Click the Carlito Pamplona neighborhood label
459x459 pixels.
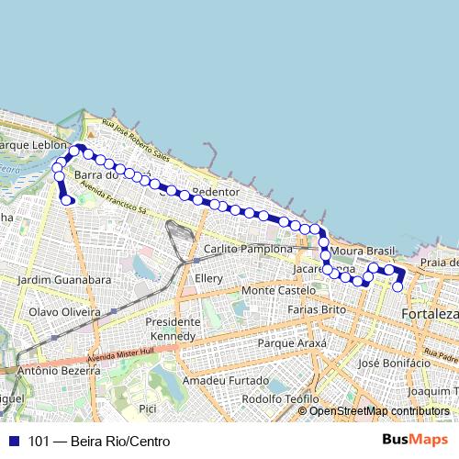(x=248, y=249)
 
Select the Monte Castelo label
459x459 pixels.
(x=278, y=290)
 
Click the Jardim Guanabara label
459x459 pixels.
(x=64, y=279)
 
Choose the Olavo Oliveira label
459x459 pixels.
(x=63, y=311)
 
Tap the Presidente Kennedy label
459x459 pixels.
(x=173, y=329)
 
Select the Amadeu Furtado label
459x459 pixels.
(x=217, y=380)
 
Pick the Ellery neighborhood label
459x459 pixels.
(x=209, y=277)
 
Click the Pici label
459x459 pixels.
(x=147, y=407)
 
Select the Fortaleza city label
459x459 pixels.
(x=430, y=315)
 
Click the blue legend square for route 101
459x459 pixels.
(x=12, y=441)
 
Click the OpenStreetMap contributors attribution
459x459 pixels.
(x=379, y=410)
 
